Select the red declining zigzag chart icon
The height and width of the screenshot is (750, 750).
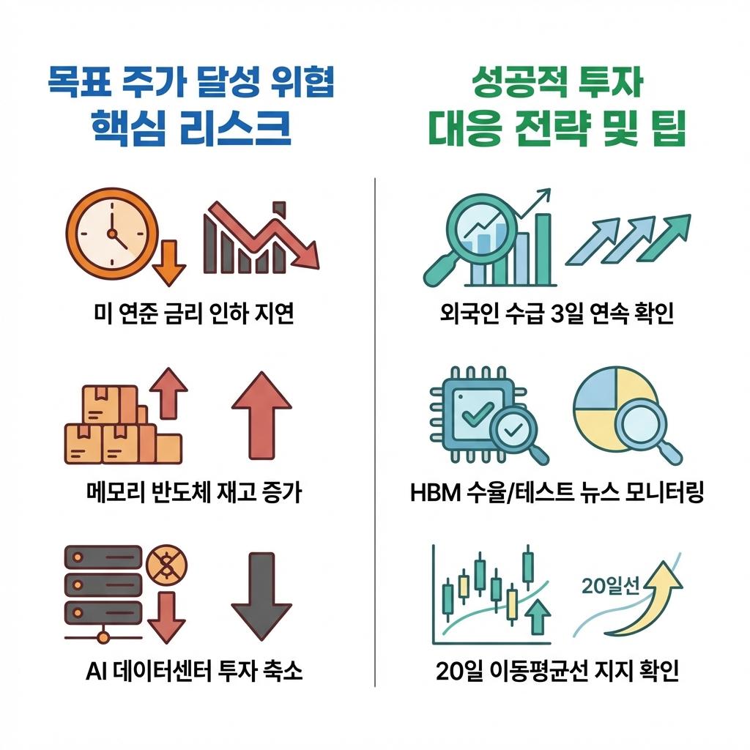pos(261,236)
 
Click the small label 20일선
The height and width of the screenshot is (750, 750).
pos(610,585)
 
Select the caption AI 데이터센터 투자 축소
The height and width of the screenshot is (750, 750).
pos(193,671)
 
